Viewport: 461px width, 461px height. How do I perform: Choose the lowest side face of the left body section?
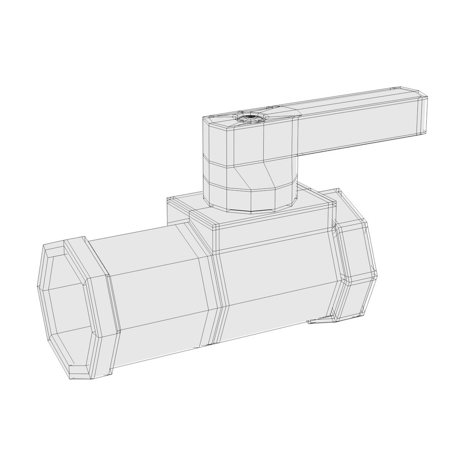pyautogui.click(x=158, y=346)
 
